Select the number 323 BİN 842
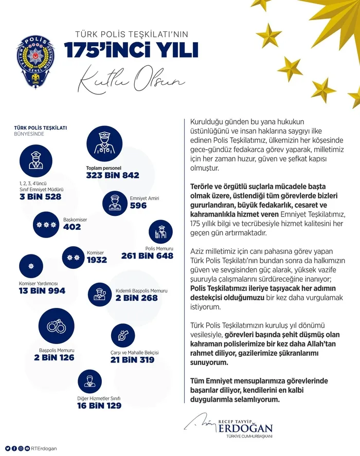pos(112,175)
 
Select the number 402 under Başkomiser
pos(72,227)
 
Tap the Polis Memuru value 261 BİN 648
pos(147,256)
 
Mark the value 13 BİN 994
pos(42,291)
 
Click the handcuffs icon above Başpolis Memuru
pos(55,326)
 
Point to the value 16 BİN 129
pos(100,406)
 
